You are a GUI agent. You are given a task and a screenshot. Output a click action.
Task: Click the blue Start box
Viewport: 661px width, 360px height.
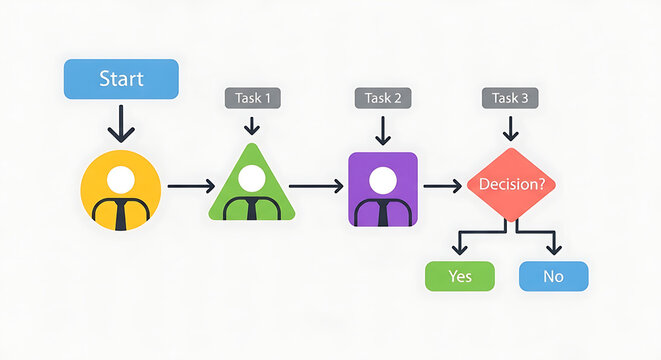point(121,79)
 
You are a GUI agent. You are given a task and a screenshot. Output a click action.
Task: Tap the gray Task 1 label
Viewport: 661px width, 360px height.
point(252,98)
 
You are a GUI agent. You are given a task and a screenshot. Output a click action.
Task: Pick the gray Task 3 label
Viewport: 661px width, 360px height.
point(510,98)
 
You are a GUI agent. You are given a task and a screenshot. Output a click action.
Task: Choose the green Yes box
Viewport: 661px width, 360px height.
point(460,275)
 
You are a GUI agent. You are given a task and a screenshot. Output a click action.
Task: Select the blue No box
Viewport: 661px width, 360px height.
point(554,275)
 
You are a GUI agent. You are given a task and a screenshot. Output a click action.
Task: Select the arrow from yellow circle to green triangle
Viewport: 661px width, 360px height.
point(190,186)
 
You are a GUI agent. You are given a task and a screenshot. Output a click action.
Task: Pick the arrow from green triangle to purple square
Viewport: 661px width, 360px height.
point(315,186)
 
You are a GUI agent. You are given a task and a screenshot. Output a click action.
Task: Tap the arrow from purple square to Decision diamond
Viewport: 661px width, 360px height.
point(442,185)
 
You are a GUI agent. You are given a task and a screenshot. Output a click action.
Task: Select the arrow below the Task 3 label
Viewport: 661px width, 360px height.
point(511,127)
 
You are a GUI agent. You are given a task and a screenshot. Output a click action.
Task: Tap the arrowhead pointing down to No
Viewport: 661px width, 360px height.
point(554,247)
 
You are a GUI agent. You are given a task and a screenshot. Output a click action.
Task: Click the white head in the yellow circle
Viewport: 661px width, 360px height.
point(120,180)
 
